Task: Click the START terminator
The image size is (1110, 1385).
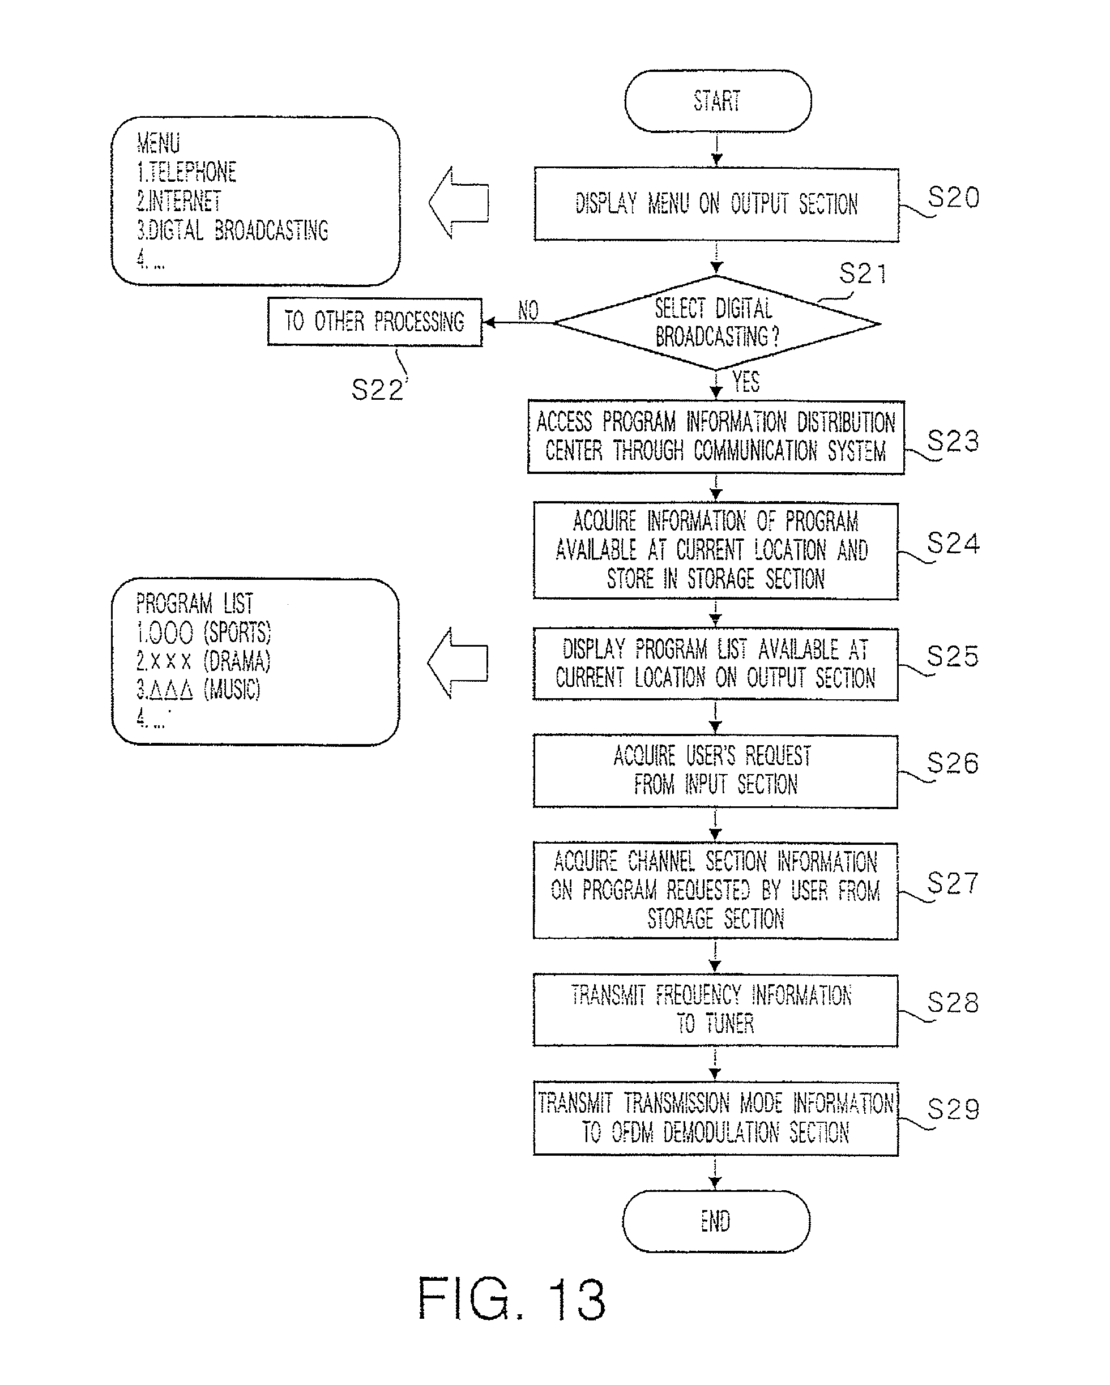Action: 718,101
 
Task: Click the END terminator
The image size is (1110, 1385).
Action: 716,1221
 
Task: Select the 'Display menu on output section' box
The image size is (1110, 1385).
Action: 716,204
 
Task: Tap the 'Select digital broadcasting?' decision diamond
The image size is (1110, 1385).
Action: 716,323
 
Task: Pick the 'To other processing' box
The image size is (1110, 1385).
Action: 374,321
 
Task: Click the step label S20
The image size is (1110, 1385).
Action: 954,198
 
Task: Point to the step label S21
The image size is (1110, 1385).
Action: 863,274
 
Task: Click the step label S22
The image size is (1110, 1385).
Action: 377,390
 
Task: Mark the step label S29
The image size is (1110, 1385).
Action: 953,1109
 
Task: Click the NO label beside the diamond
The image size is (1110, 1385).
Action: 528,310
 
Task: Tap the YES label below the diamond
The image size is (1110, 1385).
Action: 746,382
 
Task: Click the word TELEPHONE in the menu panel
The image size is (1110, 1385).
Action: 193,172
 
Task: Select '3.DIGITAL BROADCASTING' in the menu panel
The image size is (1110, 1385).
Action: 233,230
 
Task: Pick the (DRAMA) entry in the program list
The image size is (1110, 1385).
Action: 237,661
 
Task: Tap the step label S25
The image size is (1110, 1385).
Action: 953,656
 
